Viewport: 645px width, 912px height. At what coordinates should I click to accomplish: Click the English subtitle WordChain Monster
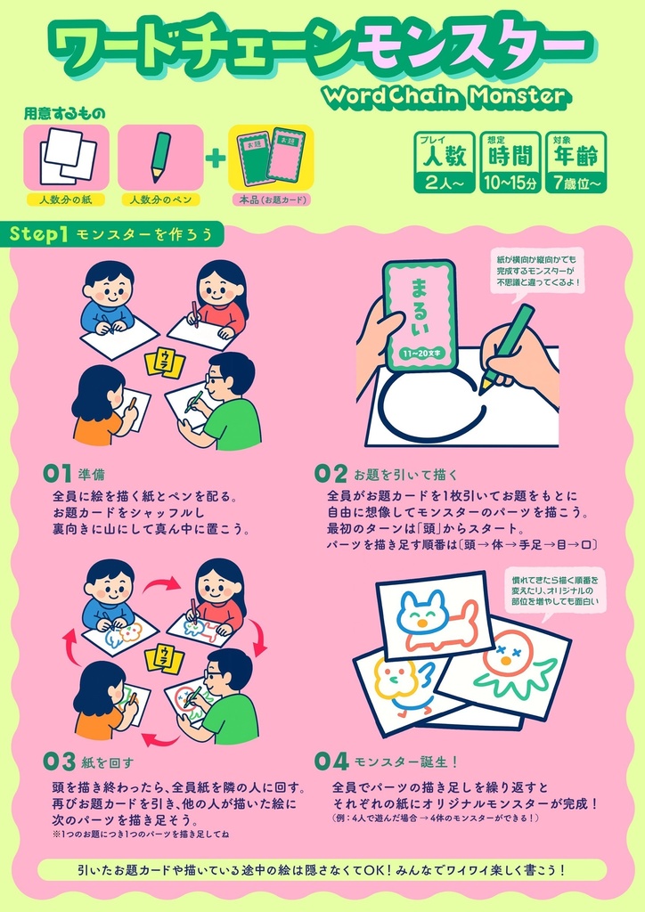coord(445,94)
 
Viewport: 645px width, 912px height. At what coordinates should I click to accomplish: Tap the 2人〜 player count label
coord(443,183)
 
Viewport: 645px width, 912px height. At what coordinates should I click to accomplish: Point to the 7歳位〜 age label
coord(577,183)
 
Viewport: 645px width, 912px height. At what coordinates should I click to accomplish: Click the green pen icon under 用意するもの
coord(160,156)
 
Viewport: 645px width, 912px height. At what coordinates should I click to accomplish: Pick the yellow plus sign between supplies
coord(216,159)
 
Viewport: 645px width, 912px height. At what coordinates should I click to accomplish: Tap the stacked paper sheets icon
coord(67,157)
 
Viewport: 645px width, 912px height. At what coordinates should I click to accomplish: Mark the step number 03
coord(59,761)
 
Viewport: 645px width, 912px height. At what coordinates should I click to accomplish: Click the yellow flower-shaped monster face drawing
coord(396,678)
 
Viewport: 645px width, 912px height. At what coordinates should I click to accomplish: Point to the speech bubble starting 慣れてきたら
coord(553,592)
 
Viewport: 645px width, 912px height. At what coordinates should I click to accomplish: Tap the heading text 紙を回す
coord(109,762)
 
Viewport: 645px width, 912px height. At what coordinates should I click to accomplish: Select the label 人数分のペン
coord(160,200)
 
